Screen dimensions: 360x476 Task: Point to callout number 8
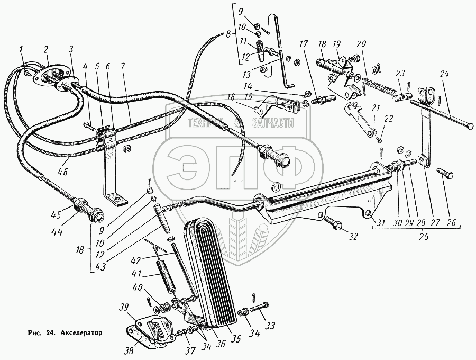click(x=228, y=35)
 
